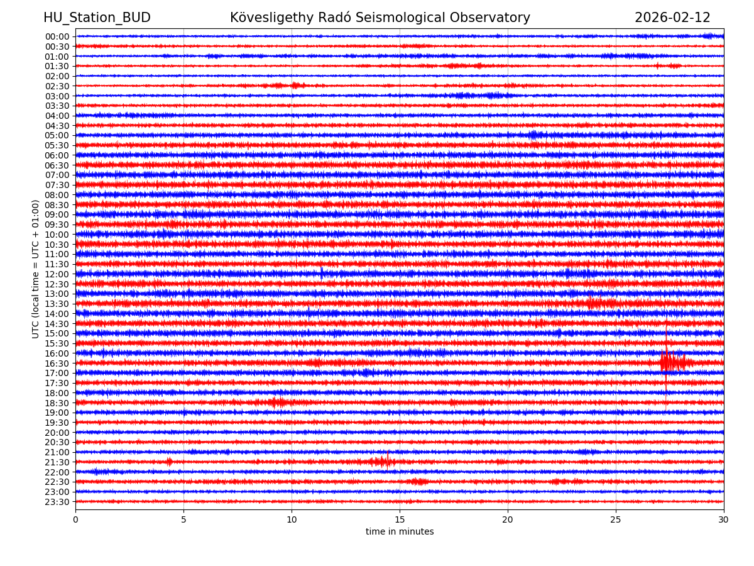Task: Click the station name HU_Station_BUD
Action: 97,18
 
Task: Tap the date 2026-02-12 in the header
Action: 672,18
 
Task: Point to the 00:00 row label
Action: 57,36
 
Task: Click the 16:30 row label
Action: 57,363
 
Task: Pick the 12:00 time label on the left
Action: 57,274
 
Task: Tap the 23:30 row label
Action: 57,502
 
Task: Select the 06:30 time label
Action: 57,165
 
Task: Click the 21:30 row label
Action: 57,462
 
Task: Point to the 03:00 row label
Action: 57,96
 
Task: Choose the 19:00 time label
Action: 57,413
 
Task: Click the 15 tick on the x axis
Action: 400,520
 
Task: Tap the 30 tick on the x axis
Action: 724,520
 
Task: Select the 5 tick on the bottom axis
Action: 183,520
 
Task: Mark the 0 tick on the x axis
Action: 75,520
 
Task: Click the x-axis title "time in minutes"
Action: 400,532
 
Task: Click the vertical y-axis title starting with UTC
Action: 36,269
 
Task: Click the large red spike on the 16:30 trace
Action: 667,361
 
